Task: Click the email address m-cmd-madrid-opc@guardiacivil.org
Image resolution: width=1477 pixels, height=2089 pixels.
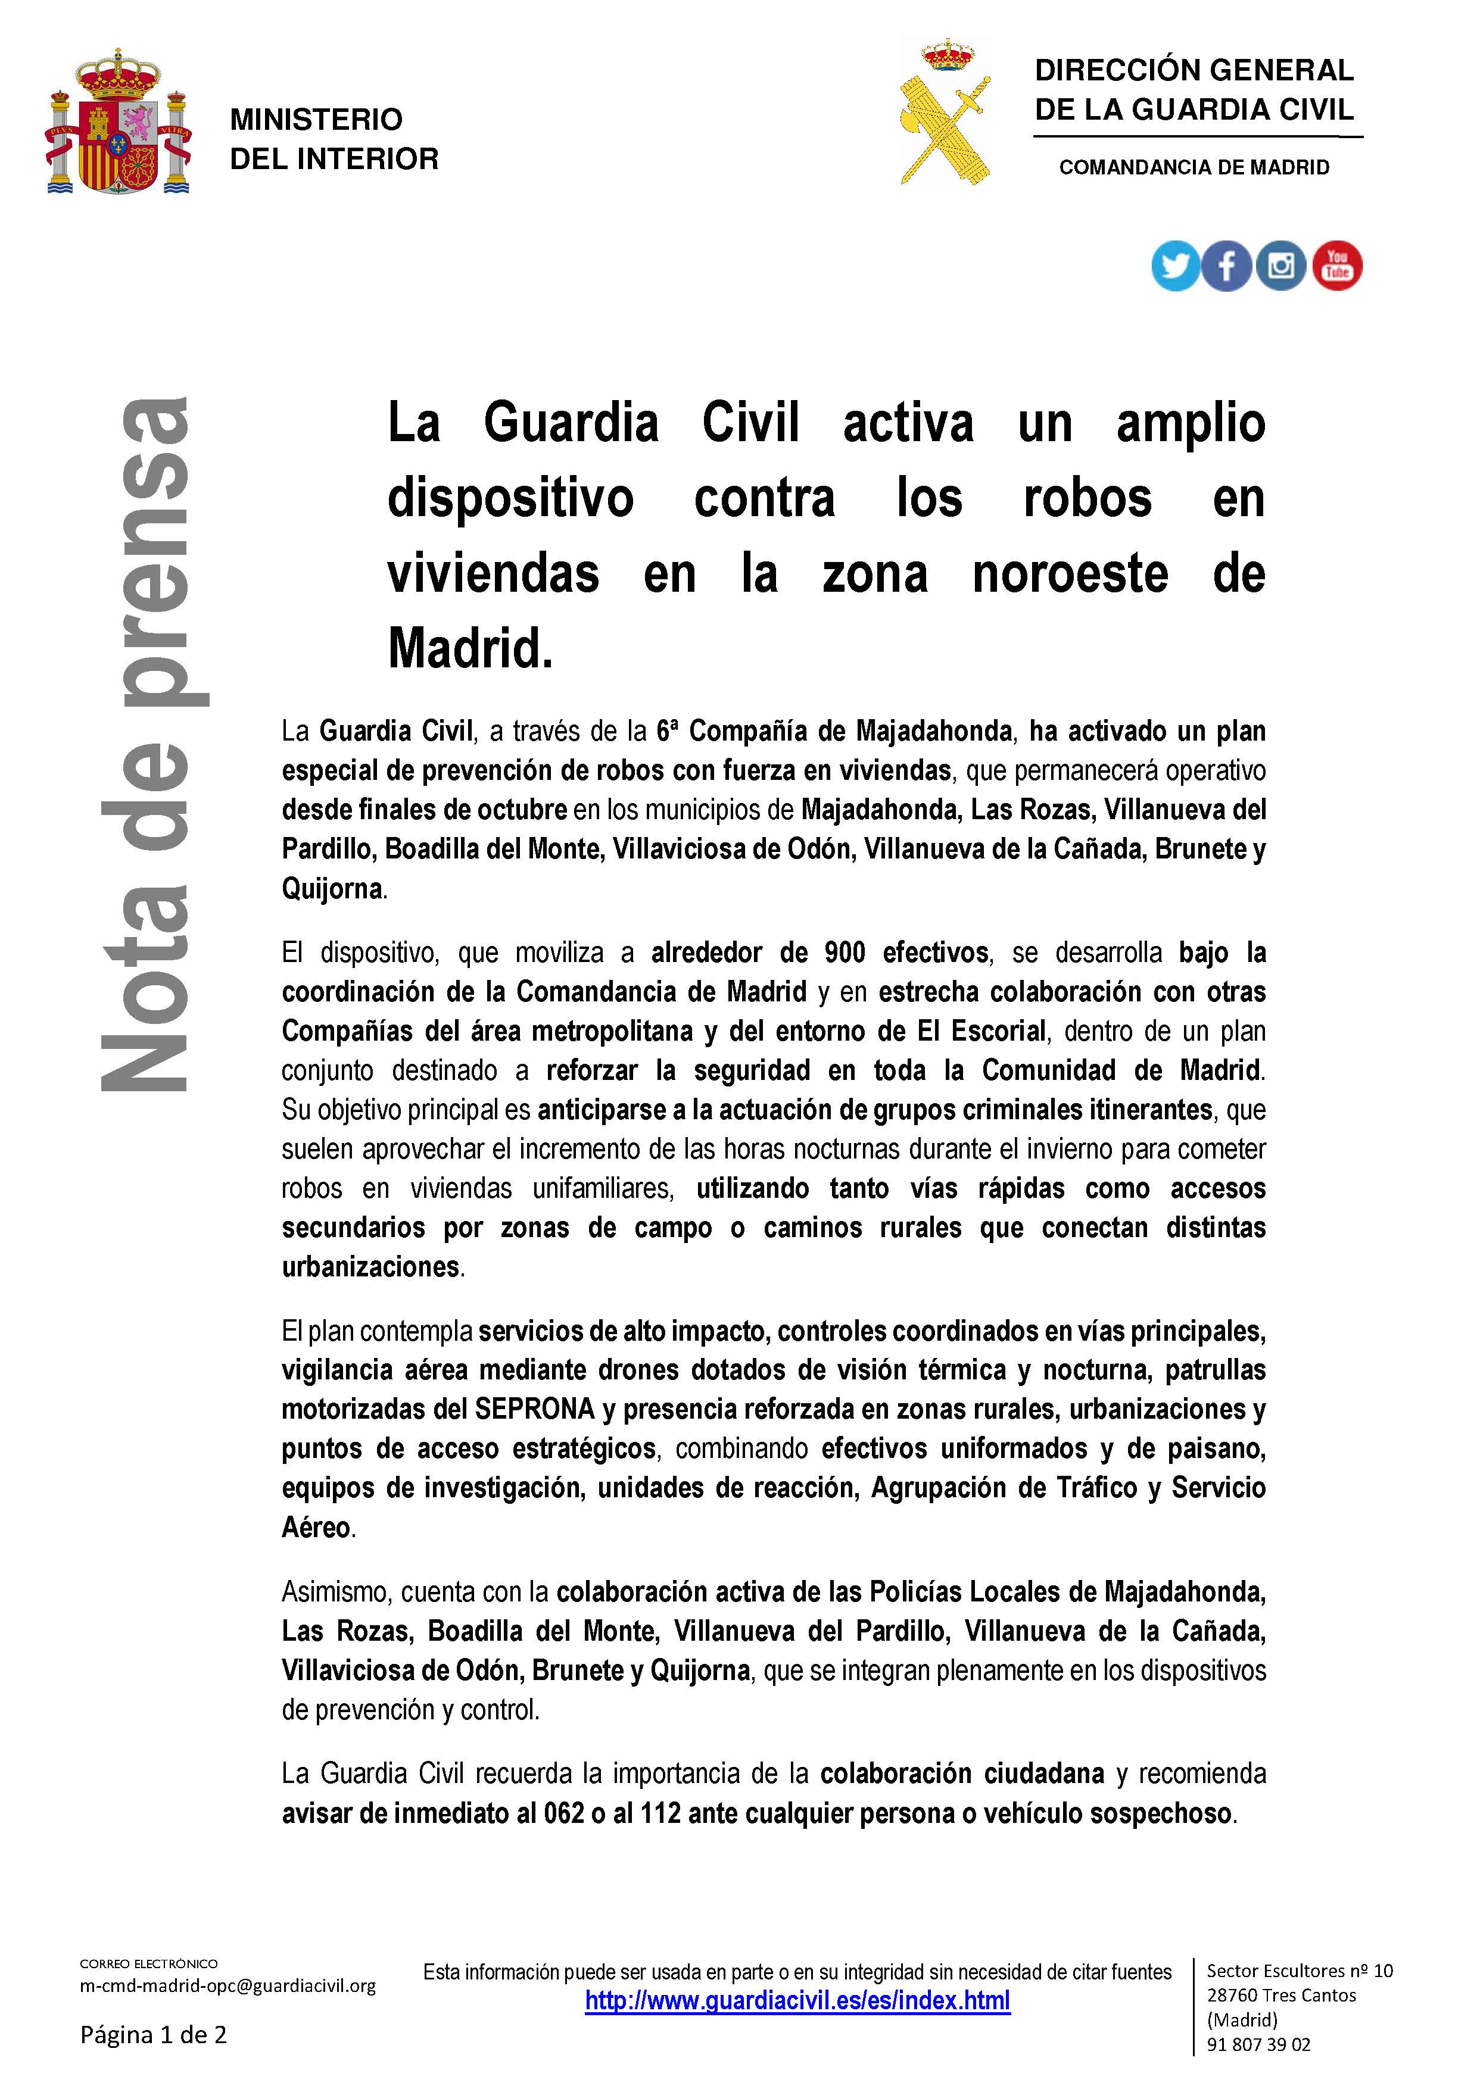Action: (228, 1985)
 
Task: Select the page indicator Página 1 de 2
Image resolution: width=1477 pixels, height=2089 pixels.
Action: (153, 2034)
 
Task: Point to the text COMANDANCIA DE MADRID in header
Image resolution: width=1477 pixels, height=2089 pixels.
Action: (1194, 167)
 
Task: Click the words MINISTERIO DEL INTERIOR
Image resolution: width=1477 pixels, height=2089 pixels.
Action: (333, 139)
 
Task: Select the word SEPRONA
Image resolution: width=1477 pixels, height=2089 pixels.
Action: (534, 1409)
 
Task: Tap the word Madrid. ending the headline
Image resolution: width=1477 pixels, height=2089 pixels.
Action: (470, 649)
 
